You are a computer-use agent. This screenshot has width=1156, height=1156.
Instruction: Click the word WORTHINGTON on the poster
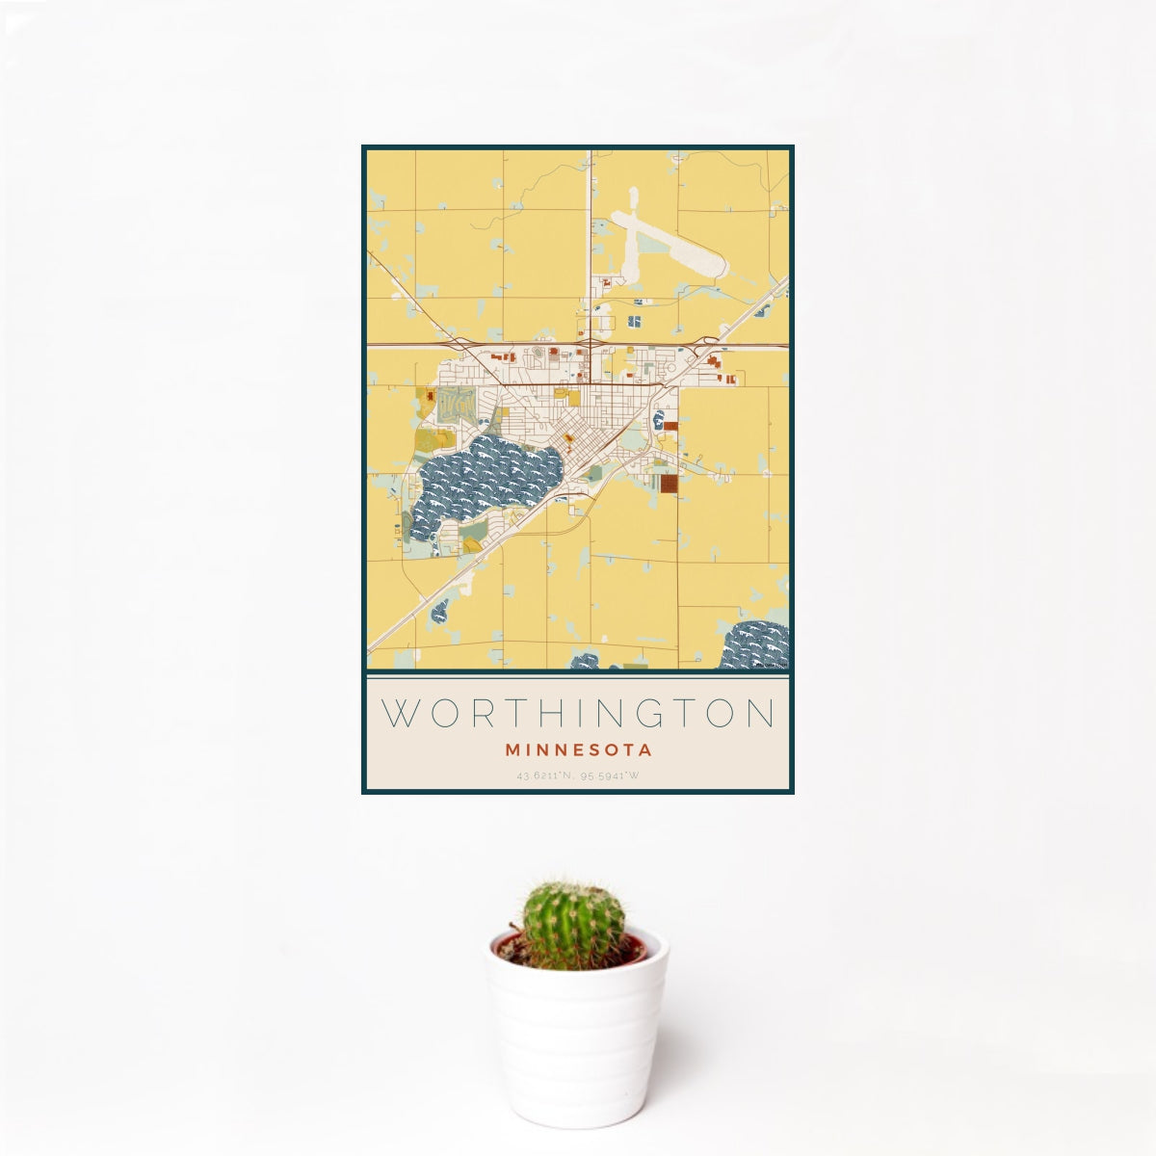[578, 714]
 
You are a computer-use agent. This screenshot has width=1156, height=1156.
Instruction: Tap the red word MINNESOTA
[578, 749]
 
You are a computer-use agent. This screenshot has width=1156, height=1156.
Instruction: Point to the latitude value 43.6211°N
[546, 775]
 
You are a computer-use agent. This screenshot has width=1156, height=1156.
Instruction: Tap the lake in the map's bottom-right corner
[756, 645]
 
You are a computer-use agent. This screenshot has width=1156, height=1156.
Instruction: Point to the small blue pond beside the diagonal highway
[440, 610]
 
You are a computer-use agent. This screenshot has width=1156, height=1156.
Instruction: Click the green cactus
[573, 923]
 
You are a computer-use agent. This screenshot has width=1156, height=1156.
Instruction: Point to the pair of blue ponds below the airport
[636, 321]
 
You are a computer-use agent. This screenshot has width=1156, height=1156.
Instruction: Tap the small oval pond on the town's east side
[659, 419]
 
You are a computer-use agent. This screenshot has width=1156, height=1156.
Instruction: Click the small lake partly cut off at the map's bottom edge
[584, 662]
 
